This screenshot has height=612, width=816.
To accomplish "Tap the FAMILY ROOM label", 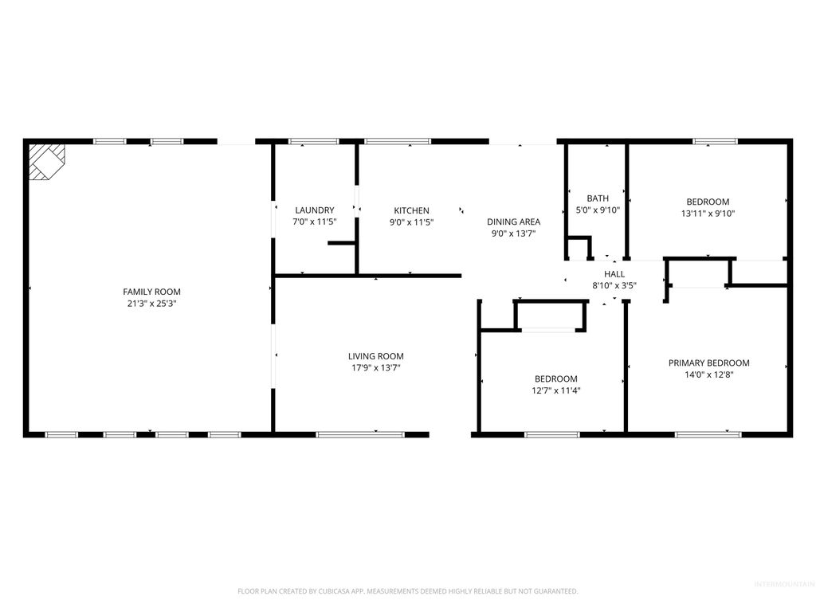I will pyautogui.click(x=151, y=292).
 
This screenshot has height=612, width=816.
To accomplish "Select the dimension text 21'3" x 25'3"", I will pyautogui.click(x=151, y=304).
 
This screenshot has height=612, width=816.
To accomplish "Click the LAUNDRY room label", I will pyautogui.click(x=314, y=210).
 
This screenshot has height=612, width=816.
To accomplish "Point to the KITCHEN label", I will pyautogui.click(x=411, y=210).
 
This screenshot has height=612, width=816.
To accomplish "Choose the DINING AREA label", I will pyautogui.click(x=514, y=222).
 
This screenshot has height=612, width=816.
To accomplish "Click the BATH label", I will pyautogui.click(x=598, y=198).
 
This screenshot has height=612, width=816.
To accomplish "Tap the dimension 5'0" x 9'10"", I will pyautogui.click(x=598, y=210).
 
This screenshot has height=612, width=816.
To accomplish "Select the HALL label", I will pyautogui.click(x=614, y=273).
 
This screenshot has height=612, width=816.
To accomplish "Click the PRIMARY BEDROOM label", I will pyautogui.click(x=708, y=363).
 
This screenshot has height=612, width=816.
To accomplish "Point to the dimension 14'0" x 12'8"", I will pyautogui.click(x=708, y=375).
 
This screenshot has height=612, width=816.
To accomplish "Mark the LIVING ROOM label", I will pyautogui.click(x=375, y=356).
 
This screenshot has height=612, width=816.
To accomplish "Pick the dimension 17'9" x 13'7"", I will pyautogui.click(x=375, y=368).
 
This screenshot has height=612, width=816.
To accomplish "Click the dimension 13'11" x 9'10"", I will pyautogui.click(x=708, y=214).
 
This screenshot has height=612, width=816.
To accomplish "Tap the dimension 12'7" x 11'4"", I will pyautogui.click(x=555, y=390).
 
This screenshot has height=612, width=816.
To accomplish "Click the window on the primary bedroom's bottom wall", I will pyautogui.click(x=708, y=434).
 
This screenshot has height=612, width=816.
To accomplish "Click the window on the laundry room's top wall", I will pyautogui.click(x=313, y=141).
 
